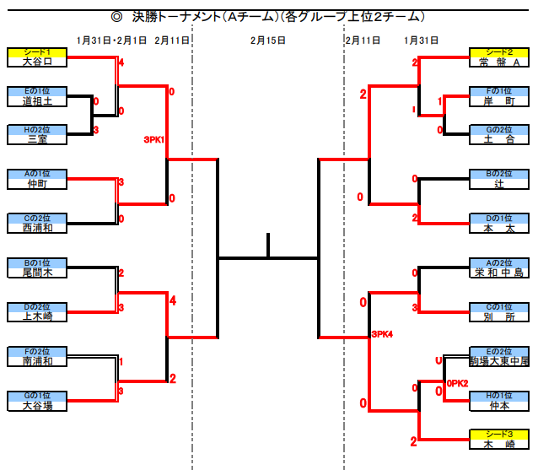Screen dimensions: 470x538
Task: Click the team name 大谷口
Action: tap(37, 62)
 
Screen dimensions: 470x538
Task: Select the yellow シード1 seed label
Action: tap(37, 52)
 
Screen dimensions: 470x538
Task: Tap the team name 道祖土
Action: tap(37, 101)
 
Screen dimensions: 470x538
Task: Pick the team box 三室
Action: tap(37, 140)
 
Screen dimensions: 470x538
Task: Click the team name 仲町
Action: tap(37, 184)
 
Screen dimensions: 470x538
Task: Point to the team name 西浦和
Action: tap(37, 228)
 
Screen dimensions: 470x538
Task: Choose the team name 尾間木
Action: tap(37, 273)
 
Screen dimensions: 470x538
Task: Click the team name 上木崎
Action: tap(37, 316)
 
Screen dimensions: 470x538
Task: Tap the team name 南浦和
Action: tap(37, 361)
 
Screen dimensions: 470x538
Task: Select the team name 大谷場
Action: tap(37, 405)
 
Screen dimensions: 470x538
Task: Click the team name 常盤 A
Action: tap(499, 62)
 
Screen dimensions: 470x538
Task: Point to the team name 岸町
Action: tap(499, 101)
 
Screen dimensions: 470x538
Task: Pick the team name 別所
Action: tap(499, 316)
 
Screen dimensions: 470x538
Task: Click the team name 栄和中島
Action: tap(499, 273)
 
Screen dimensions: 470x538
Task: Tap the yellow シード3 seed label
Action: tap(499, 435)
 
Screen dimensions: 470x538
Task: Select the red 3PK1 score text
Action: tap(153, 140)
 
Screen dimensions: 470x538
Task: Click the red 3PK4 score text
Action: tap(383, 335)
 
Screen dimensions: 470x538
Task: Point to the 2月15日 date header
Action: tap(268, 40)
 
